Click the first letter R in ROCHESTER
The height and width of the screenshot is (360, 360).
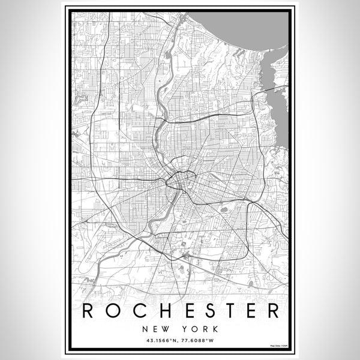click(x=88, y=311)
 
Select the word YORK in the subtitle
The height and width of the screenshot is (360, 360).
click(x=196, y=329)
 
